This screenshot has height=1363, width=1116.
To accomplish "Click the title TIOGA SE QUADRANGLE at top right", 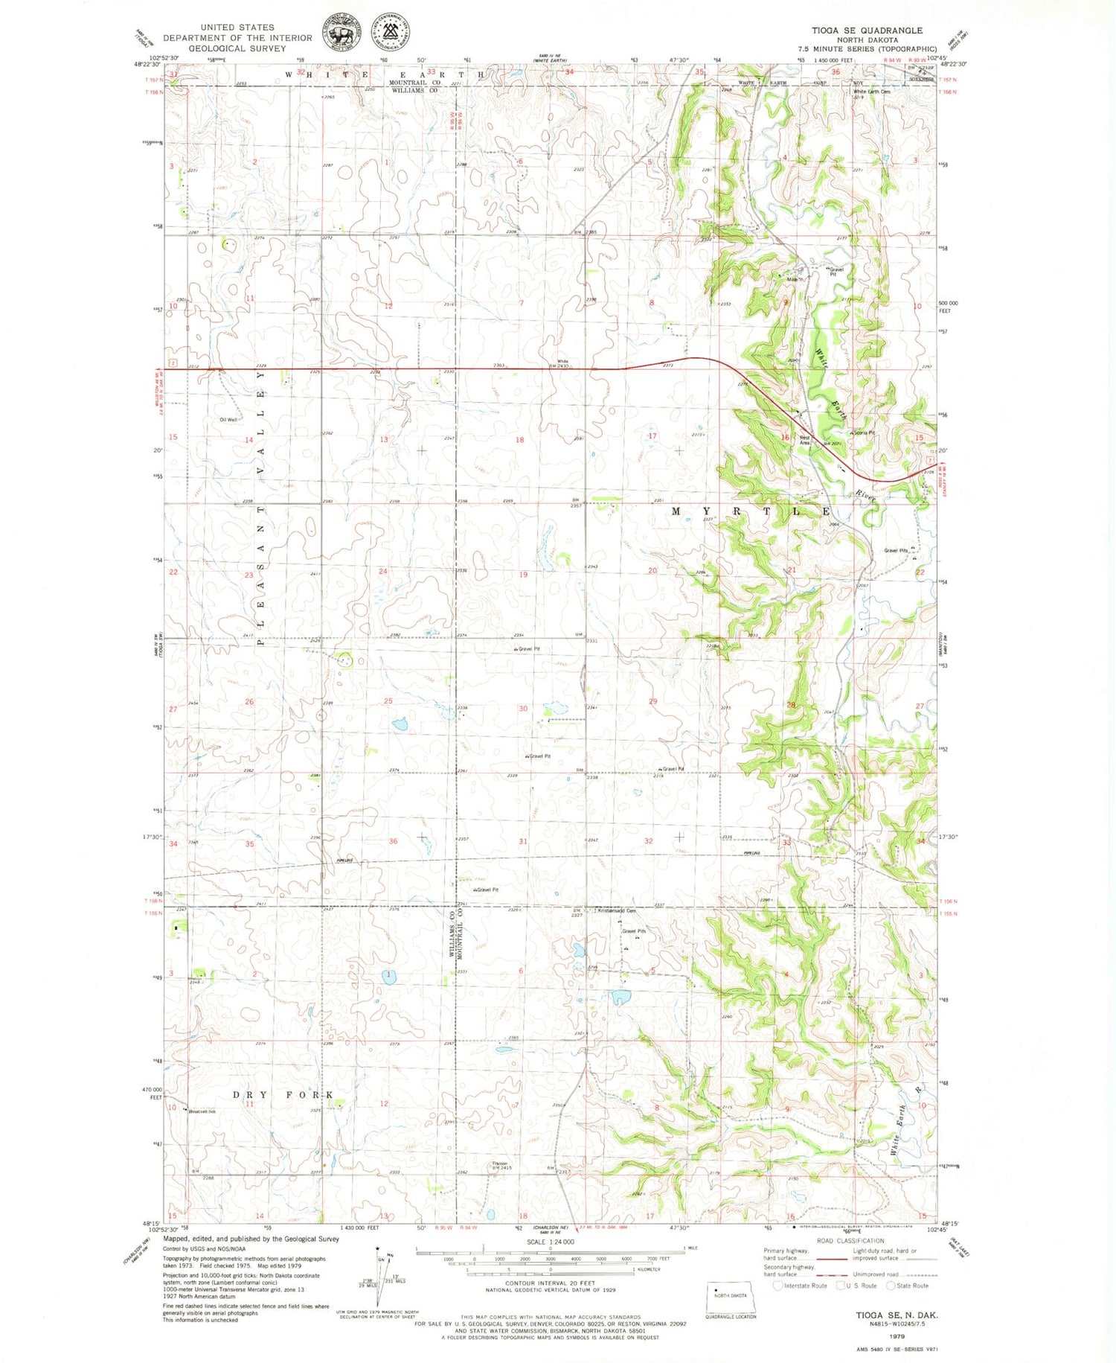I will coord(867,31).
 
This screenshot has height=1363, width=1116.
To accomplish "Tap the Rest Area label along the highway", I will coord(805,440).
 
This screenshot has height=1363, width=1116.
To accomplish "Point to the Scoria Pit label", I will coord(864,432).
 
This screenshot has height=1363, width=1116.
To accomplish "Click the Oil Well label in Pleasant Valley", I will coord(228,420).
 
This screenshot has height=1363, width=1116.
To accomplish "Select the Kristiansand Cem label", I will coord(617,910).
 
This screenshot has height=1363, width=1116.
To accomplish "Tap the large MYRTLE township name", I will coord(751,511).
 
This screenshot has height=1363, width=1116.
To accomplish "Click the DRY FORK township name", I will coord(282,1094).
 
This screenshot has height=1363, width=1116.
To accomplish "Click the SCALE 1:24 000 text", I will coord(550,1242).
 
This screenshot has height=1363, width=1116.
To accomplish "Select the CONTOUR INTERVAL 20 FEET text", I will coord(550,1283).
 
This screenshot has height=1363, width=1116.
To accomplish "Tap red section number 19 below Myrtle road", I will coord(523,575).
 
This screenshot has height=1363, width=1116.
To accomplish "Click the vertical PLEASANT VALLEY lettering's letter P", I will coord(261,642).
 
